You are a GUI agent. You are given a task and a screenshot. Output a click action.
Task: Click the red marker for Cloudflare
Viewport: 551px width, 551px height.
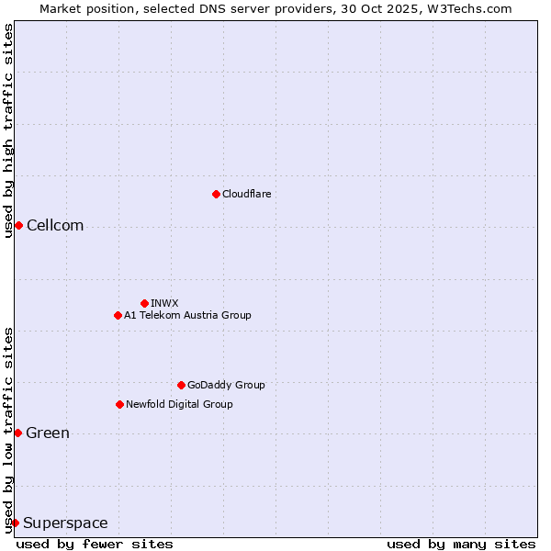coord(216,194)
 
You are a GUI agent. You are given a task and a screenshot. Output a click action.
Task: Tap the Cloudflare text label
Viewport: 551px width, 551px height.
coord(247,194)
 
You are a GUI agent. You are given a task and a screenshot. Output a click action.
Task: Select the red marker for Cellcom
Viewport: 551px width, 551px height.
coord(18,226)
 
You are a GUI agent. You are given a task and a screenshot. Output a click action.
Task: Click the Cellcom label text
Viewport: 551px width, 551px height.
coord(55,226)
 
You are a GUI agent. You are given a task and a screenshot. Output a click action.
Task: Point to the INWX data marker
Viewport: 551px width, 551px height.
coord(144,303)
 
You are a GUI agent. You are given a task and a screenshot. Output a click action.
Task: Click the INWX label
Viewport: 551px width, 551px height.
coord(164,303)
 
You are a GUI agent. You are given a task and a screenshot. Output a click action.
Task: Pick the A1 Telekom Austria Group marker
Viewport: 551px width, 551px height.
coord(118,315)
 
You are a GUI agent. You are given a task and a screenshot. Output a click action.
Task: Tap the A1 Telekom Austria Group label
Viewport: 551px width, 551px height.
coord(187,315)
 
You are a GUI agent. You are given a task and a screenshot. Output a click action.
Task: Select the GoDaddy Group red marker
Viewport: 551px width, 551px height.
coord(181,385)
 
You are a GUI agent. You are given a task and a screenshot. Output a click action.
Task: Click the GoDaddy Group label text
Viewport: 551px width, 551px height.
coord(226,385)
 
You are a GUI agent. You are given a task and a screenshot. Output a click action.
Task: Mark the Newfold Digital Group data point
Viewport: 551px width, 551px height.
coord(119,404)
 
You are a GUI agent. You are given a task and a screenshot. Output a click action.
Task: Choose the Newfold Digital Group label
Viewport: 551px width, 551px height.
coord(179,404)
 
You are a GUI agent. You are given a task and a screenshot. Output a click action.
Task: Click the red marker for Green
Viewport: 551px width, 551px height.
coord(17,433)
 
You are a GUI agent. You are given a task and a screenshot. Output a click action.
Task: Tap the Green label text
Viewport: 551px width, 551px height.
coord(48,433)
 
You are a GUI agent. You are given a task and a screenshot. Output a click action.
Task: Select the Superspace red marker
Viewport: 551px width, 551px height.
coord(15,523)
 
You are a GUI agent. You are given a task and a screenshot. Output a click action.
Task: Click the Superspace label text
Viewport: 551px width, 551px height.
coord(65,523)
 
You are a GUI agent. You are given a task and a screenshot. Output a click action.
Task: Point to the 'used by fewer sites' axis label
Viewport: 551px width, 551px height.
coord(95,544)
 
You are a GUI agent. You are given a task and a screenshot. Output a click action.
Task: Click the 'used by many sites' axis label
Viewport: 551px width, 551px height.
coord(461,544)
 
